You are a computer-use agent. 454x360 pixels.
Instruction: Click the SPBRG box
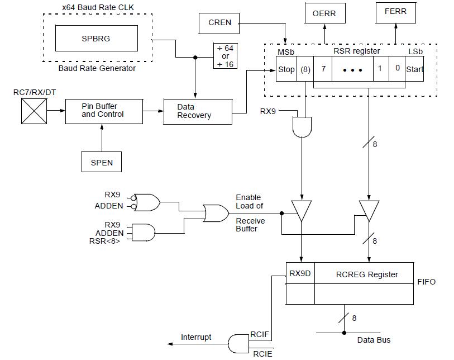click(96, 39)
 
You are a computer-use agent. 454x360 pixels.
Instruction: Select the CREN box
click(219, 22)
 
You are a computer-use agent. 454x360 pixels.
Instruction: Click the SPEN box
click(102, 162)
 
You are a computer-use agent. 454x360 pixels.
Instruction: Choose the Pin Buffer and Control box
click(103, 111)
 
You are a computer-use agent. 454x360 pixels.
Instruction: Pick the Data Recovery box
click(197, 111)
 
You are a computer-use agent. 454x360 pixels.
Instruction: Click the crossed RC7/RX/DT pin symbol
click(34, 111)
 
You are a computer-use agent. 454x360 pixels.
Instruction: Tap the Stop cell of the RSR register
click(286, 70)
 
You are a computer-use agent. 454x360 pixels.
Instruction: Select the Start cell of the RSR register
click(414, 70)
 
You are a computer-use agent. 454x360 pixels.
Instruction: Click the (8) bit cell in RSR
click(305, 70)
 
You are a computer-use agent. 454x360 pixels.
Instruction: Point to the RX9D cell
click(300, 274)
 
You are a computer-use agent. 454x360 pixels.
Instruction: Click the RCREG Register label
click(367, 274)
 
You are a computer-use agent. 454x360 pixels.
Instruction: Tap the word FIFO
click(426, 282)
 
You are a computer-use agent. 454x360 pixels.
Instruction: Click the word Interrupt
click(196, 337)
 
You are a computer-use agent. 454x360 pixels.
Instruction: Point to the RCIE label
click(262, 353)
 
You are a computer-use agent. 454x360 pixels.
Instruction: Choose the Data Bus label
click(374, 340)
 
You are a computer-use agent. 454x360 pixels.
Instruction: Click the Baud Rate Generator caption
click(97, 68)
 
